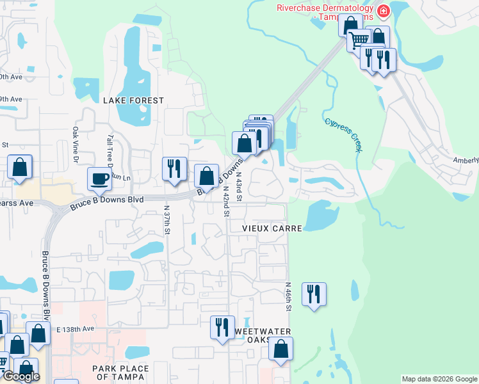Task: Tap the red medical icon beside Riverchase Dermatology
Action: (383, 10)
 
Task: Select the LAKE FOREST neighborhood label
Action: (133, 100)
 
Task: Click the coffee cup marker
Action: (99, 179)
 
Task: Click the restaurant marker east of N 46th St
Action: (314, 294)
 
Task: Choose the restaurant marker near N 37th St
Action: (174, 169)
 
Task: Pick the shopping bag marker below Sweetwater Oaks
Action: (280, 349)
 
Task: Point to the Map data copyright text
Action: (439, 380)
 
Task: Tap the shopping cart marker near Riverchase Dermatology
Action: (359, 40)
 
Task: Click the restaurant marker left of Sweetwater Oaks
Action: (222, 327)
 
